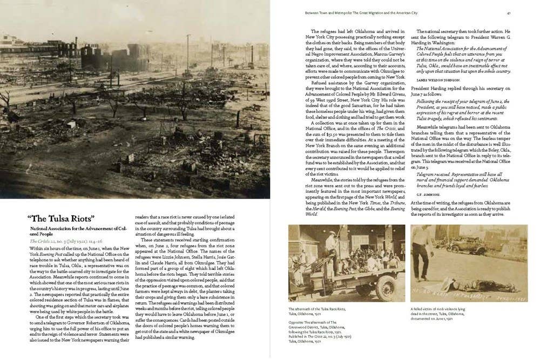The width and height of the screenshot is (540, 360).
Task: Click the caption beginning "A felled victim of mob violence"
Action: (x=438, y=309)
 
